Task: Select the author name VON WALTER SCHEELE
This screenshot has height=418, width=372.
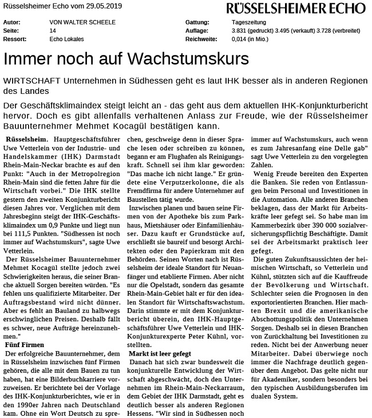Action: click(x=82, y=22)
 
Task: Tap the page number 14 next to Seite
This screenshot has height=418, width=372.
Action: click(x=53, y=30)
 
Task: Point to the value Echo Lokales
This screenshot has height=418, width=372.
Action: click(x=67, y=39)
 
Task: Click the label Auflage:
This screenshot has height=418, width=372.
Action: click(x=197, y=30)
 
